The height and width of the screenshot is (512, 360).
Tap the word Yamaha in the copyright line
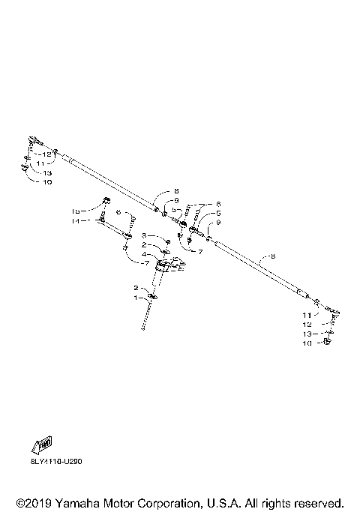(x=76, y=502)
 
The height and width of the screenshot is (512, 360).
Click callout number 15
(x=76, y=211)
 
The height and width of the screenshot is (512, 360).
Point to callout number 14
(x=76, y=221)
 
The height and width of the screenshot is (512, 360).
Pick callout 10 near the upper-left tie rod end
(x=46, y=181)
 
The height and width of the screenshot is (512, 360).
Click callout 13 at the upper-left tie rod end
(x=46, y=172)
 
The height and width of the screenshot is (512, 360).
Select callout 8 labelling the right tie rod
(x=272, y=256)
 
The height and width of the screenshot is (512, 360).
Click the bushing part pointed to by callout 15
(x=106, y=200)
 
